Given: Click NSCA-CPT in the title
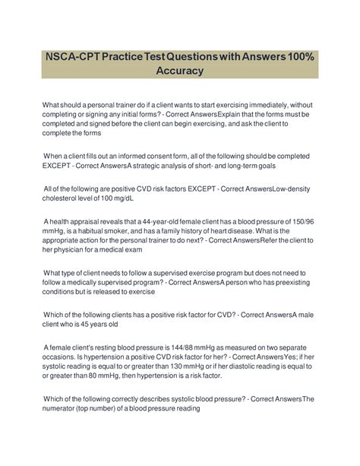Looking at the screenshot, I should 79,58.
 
